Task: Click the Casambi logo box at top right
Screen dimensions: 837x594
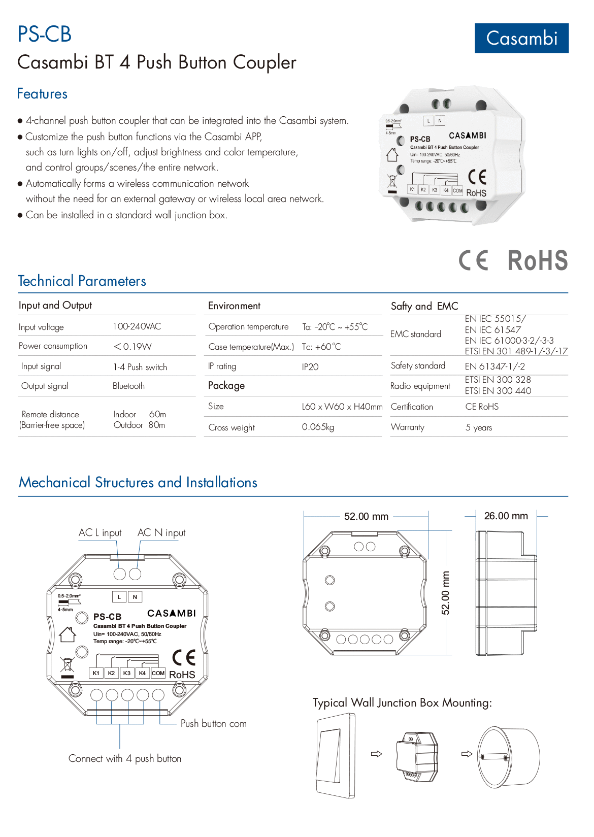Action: (x=521, y=38)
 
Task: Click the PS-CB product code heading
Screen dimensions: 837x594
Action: (x=45, y=35)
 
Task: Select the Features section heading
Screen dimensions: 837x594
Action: (x=42, y=94)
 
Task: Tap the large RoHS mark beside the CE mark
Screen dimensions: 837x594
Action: (x=537, y=261)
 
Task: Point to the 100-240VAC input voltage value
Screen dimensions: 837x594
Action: (x=137, y=326)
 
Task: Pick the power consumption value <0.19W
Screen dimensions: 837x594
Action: (x=133, y=347)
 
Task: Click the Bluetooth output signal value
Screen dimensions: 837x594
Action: (x=128, y=386)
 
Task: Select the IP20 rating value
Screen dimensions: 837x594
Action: (x=310, y=367)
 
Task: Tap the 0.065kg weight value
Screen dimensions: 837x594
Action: (x=318, y=427)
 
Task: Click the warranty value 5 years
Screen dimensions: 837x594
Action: (x=479, y=427)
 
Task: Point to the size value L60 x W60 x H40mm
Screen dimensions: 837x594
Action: (x=342, y=407)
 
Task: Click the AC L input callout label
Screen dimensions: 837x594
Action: (x=100, y=532)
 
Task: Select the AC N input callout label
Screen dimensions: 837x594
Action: (x=161, y=532)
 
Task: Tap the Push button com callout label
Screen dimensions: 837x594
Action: (x=213, y=723)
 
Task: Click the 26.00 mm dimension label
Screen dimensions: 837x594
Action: (x=506, y=516)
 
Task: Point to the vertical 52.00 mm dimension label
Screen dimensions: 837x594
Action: (x=445, y=593)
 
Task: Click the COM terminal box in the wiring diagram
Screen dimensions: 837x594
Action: (x=158, y=673)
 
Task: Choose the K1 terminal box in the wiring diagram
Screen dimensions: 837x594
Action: (x=96, y=673)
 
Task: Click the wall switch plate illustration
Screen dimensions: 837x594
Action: (x=336, y=755)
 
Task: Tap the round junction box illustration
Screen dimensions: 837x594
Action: (x=508, y=756)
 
